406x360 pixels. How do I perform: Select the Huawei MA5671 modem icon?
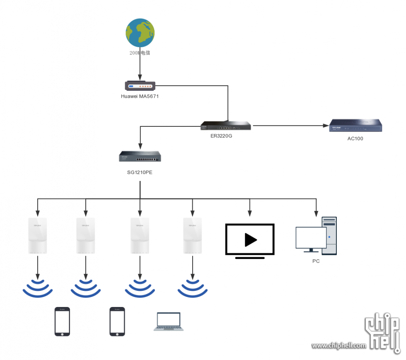click(140, 86)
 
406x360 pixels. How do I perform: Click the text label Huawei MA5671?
click(140, 97)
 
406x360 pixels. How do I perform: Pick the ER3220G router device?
click(226, 126)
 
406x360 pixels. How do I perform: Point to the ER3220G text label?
click(221, 135)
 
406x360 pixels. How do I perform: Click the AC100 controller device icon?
click(355, 126)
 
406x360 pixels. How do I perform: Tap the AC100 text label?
click(355, 138)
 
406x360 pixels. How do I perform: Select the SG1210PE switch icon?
click(140, 157)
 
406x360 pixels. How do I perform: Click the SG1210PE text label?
click(140, 172)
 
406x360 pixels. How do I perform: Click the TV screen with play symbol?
click(250, 240)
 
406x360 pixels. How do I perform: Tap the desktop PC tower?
click(329, 236)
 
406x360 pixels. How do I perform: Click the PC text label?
click(316, 261)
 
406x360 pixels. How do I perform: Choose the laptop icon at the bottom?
click(169, 321)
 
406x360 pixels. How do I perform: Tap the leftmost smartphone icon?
click(62, 321)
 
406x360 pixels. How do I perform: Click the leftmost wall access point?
click(38, 236)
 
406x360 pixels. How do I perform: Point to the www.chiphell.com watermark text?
click(339, 346)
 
